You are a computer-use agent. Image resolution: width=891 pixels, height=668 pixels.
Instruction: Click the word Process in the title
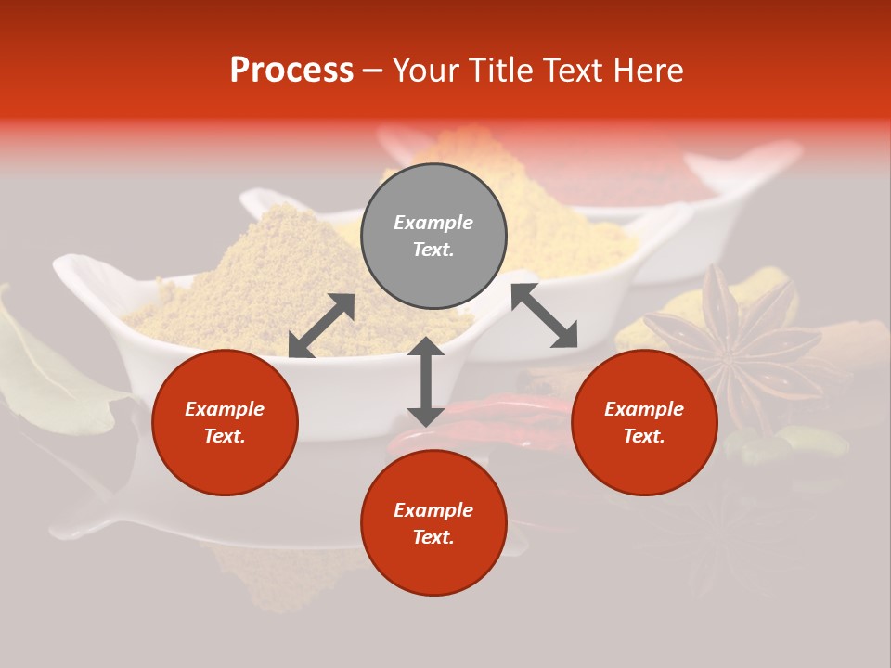point(291,71)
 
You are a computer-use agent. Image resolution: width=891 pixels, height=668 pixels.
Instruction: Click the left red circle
point(225,423)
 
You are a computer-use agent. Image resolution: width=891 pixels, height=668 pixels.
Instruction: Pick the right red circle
point(644,423)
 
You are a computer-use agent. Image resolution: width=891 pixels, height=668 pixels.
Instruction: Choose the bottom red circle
point(433,522)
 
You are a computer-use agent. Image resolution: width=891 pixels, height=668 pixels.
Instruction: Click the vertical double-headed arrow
point(426,381)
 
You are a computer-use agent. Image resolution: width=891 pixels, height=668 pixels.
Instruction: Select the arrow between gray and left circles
point(321,326)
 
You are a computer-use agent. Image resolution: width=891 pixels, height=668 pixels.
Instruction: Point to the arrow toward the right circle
point(544,315)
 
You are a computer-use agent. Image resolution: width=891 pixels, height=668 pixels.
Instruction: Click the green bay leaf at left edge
point(37,371)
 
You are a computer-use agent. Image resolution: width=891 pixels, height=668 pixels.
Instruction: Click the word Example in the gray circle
point(433,223)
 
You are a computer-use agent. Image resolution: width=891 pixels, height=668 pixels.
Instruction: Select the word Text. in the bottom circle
point(433,537)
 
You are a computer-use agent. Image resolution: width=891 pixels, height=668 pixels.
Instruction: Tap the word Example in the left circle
point(225,409)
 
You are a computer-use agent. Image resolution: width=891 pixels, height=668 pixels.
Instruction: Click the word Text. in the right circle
point(644,436)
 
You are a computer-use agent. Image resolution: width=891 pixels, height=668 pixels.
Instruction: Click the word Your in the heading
point(425,71)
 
